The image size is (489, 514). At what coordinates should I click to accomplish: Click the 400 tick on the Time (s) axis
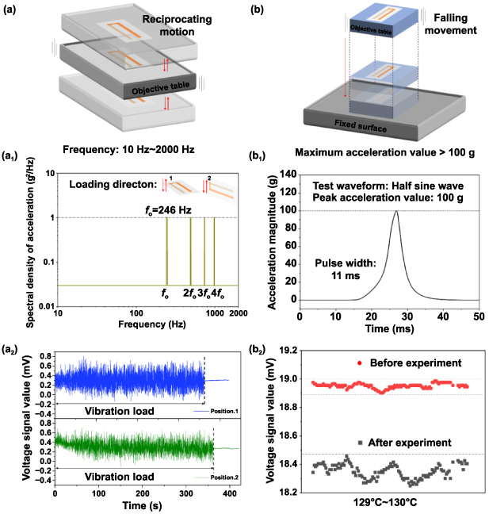coord(227,494)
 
